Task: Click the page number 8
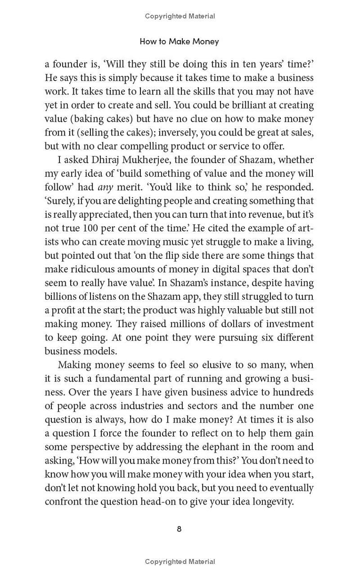pos(179,529)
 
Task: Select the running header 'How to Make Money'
pos(179,41)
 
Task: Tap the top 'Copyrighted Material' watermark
pos(180,16)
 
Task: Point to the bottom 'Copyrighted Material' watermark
pos(180,561)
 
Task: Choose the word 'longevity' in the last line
pos(272,501)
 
